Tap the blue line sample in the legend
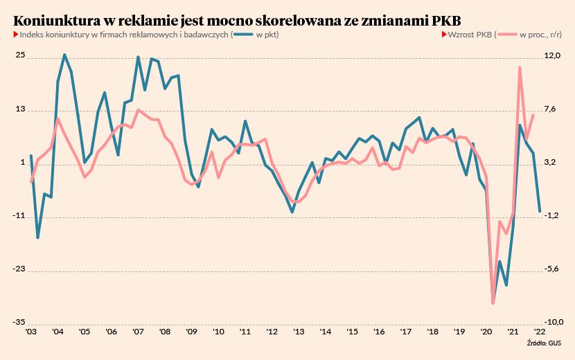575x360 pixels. tap(242, 35)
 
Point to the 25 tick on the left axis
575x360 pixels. tap(21, 56)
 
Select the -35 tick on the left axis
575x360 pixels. tap(19, 323)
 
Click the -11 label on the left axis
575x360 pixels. tap(20, 216)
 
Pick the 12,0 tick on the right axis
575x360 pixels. tap(552, 56)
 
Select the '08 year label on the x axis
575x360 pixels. tap(164, 332)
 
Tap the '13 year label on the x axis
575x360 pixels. tap(298, 332)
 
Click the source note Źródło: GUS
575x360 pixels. tap(544, 343)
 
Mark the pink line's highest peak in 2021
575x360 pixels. tap(520, 67)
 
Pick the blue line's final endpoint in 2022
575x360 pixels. tap(540, 211)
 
